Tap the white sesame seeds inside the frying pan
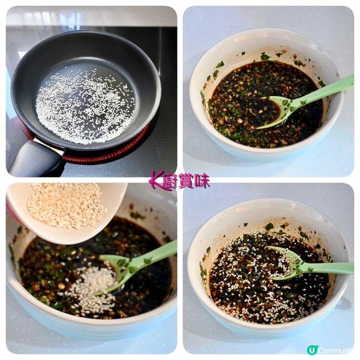85,106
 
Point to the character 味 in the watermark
202,181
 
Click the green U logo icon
311,350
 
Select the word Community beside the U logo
335,350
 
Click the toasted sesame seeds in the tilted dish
65,206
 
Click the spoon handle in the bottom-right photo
328,268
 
